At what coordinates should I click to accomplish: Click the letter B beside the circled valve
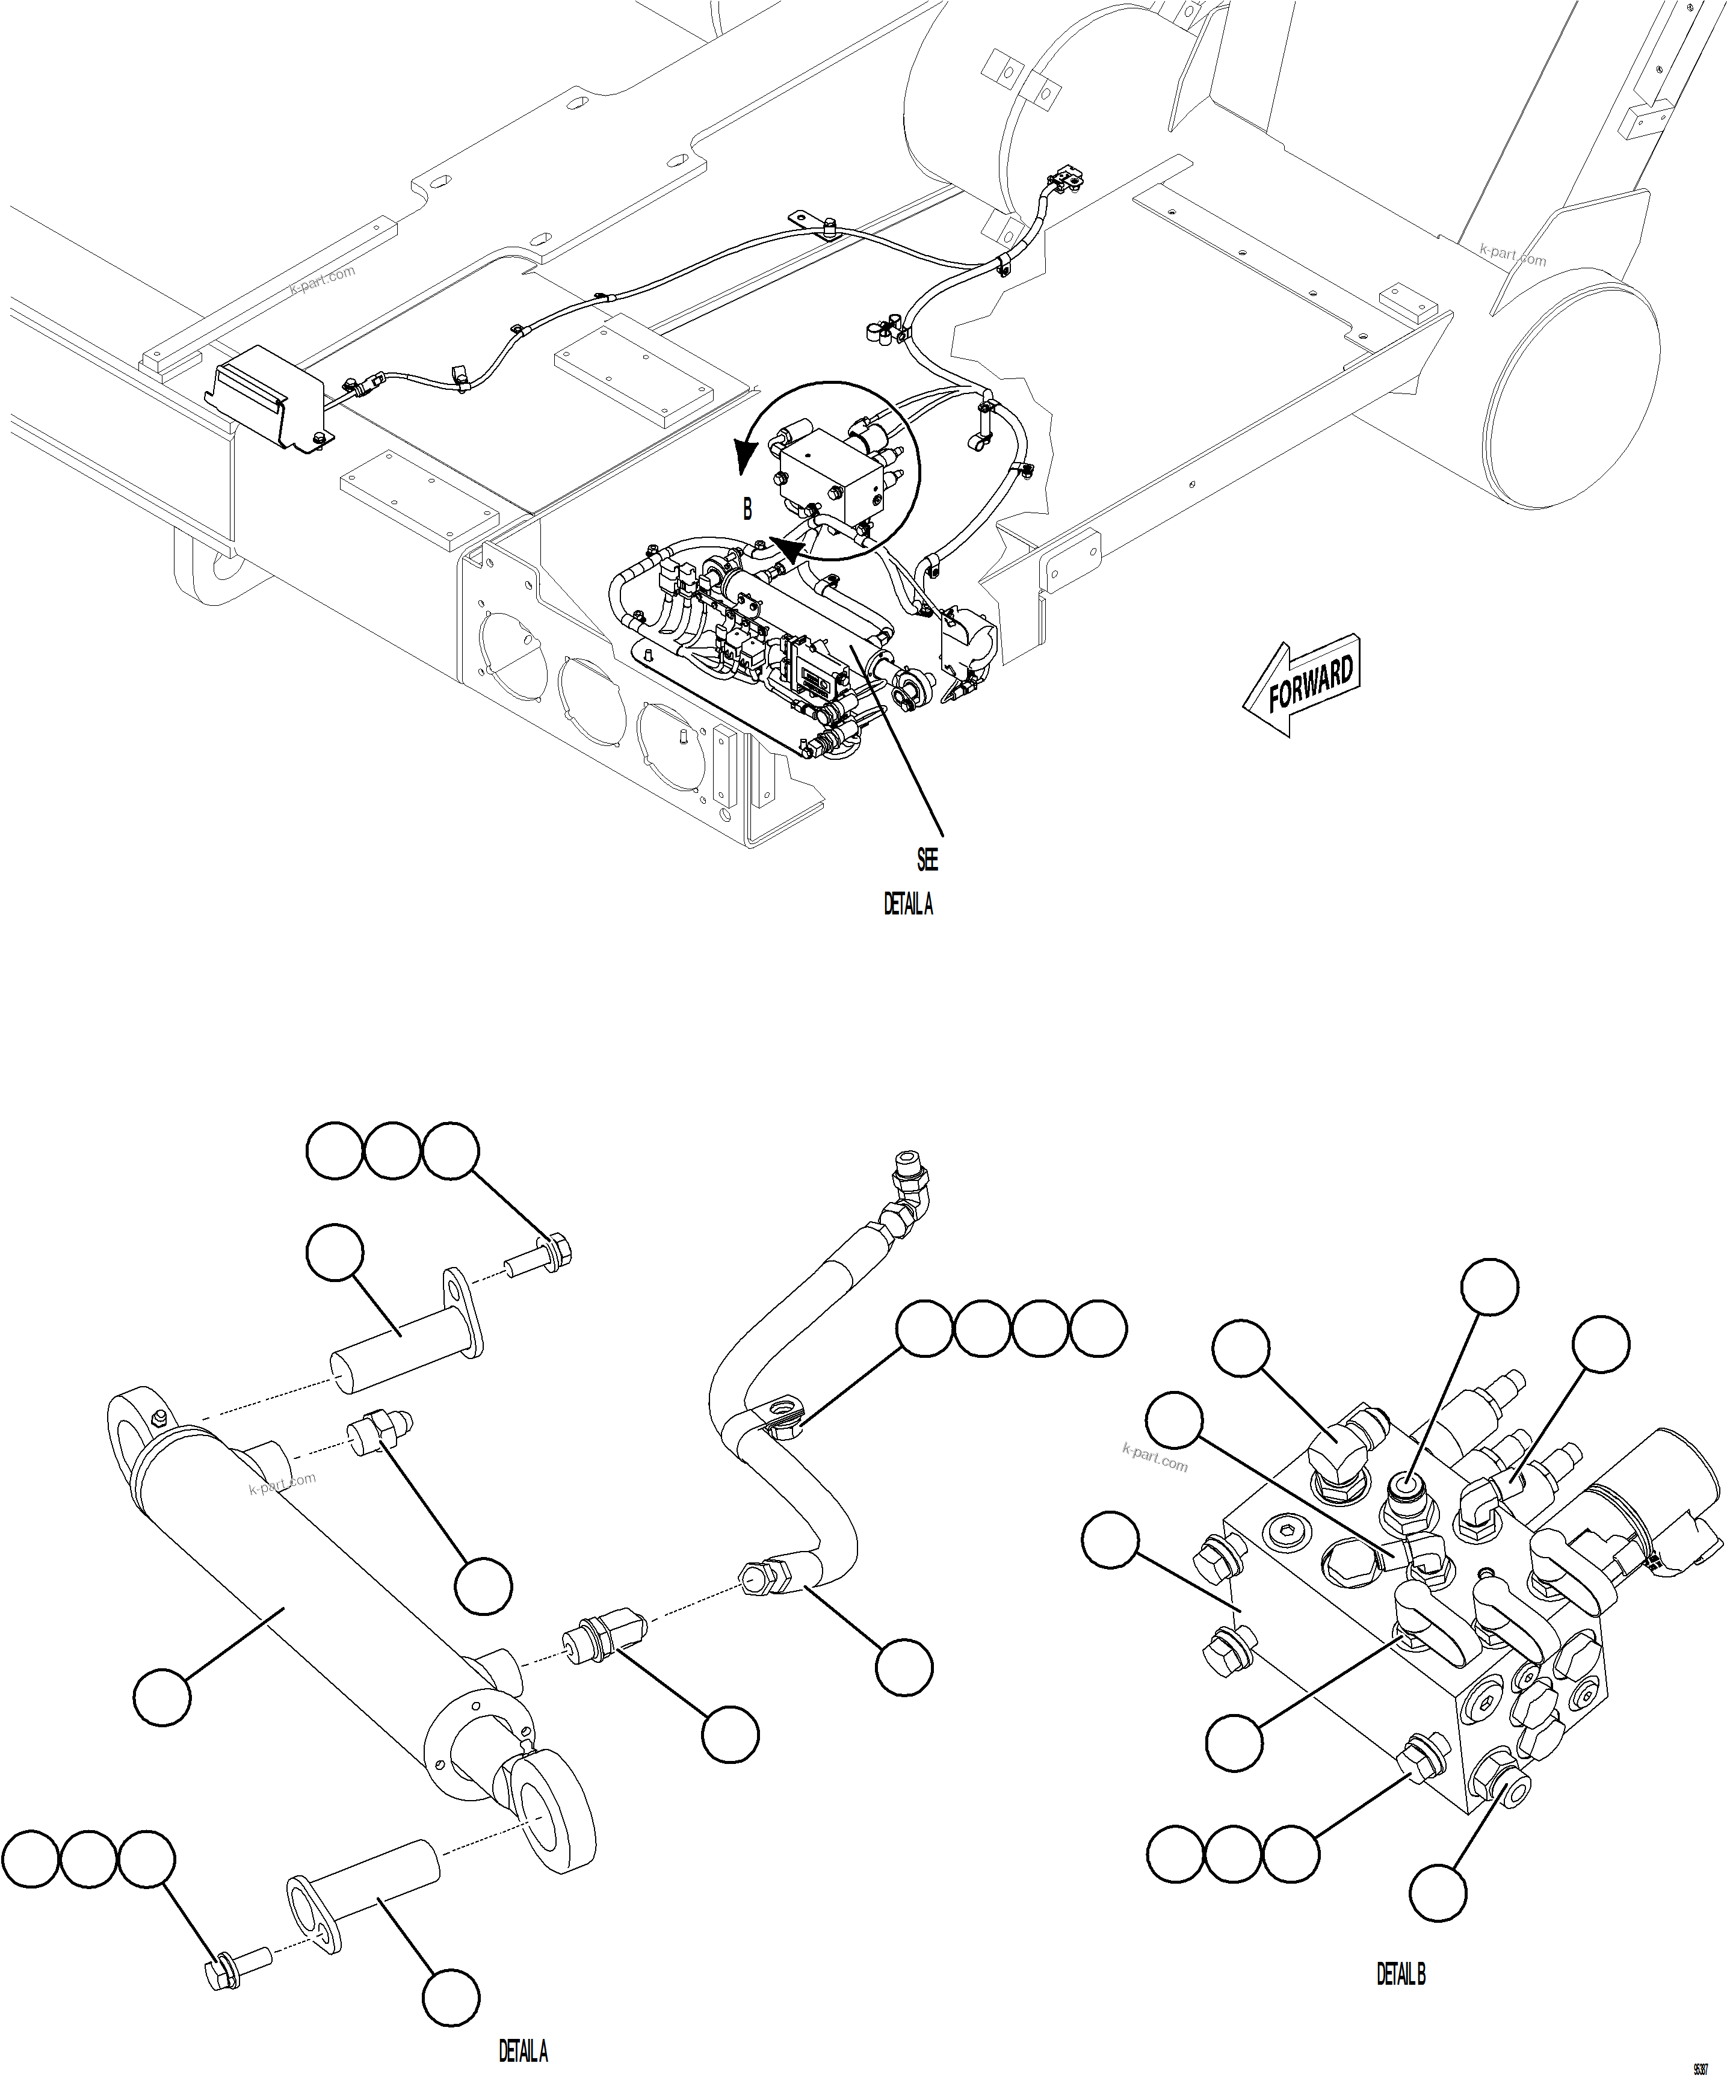(748, 510)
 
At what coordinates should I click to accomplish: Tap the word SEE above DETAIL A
(927, 860)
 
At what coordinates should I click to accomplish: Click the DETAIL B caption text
(1400, 1975)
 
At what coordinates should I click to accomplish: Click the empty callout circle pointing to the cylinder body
(162, 1698)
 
